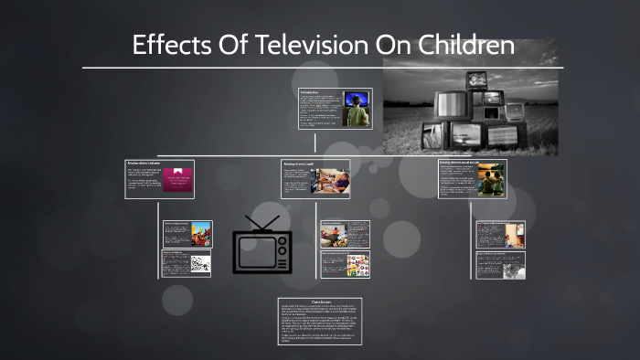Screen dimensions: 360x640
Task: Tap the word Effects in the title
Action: pos(170,45)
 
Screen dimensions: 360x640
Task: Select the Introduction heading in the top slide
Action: pos(311,92)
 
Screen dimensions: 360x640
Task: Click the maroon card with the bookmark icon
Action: pos(179,180)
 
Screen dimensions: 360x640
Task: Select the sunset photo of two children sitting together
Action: pos(492,181)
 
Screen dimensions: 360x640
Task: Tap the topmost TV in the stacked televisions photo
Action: pos(479,80)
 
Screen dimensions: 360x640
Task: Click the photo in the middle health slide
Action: pos(334,180)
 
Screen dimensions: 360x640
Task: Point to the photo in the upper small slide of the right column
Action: pos(512,234)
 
